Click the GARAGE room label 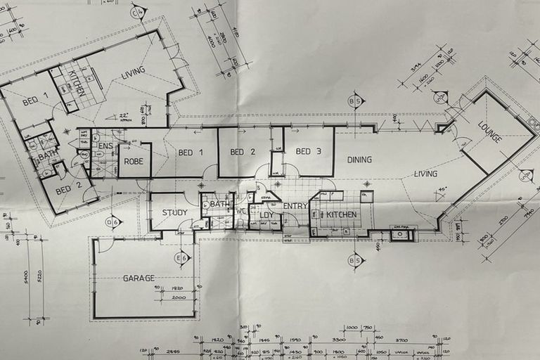[x=139, y=278]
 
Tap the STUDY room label [x=174, y=212]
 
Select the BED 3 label [x=308, y=151]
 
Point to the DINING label [x=359, y=160]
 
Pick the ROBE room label [x=134, y=161]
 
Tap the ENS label [x=105, y=146]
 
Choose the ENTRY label [x=295, y=206]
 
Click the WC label [x=241, y=210]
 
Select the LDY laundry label [x=266, y=215]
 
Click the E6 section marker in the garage [x=183, y=258]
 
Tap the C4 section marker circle [x=138, y=12]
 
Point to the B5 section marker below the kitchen [x=356, y=262]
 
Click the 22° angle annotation [x=125, y=116]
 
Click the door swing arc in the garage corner [x=104, y=245]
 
